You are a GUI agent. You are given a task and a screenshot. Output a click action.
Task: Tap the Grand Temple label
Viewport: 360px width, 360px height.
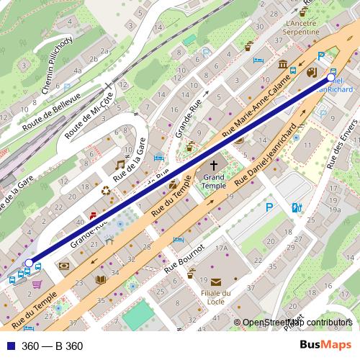pyautogui.click(x=214, y=180)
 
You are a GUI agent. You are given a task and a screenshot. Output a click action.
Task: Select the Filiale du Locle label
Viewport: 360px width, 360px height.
pyautogui.click(x=215, y=297)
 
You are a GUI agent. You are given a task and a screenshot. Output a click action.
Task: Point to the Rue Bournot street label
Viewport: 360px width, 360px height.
pyautogui.click(x=185, y=257)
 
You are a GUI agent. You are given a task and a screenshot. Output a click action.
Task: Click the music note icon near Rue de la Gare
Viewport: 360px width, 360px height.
pyautogui.click(x=120, y=165)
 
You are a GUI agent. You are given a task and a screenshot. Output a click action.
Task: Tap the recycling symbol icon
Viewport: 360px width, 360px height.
pyautogui.click(x=107, y=192)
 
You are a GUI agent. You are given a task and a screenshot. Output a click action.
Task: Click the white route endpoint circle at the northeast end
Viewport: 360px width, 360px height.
pyautogui.click(x=331, y=77)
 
